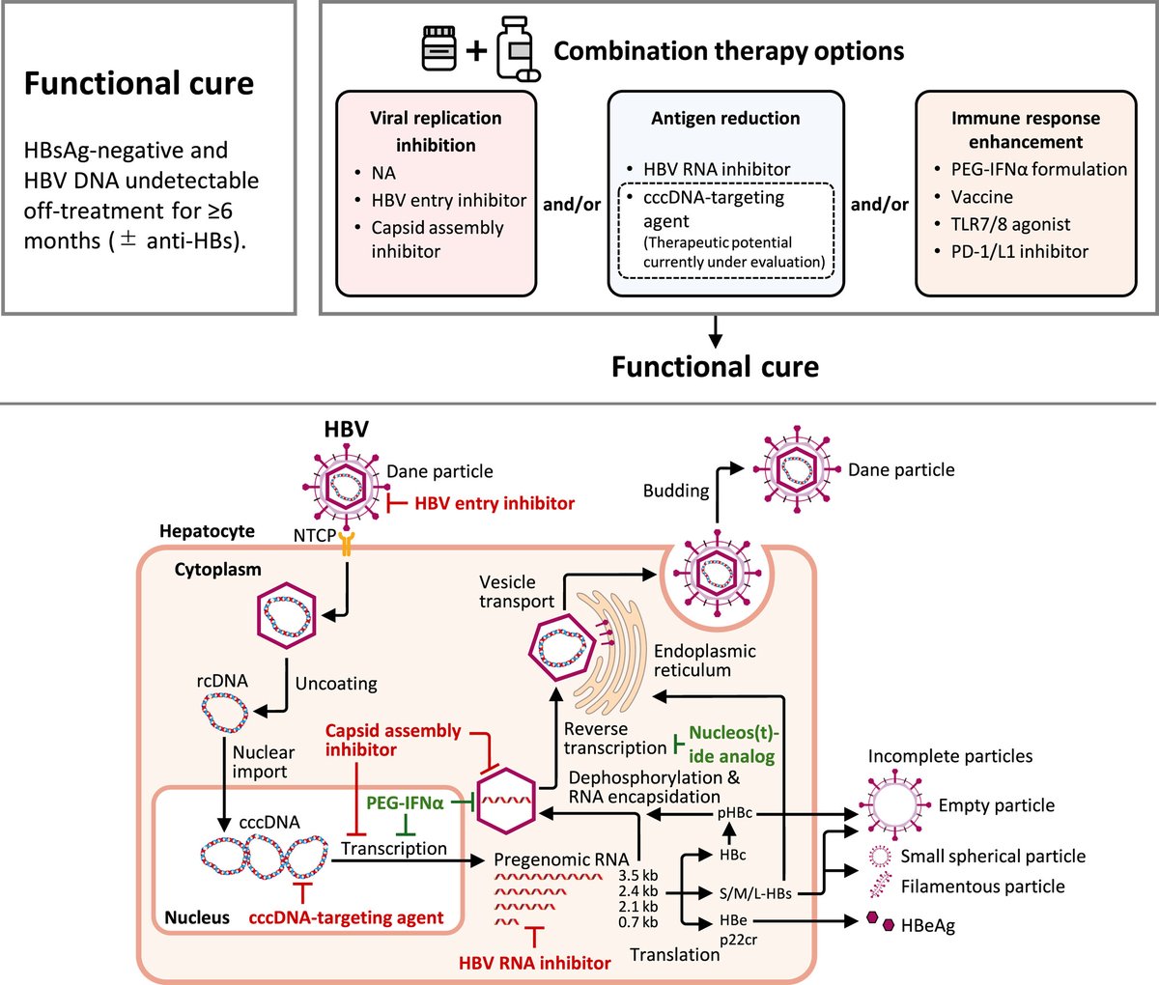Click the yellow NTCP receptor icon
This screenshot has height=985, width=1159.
(347, 543)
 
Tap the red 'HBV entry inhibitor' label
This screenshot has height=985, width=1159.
(495, 503)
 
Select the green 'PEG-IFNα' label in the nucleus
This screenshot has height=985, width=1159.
(405, 803)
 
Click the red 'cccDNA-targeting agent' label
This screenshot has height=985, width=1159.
(346, 917)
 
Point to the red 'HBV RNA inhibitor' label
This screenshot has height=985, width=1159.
(535, 963)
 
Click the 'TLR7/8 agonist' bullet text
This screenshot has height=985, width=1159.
(1010, 224)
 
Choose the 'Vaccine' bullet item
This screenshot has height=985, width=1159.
(982, 197)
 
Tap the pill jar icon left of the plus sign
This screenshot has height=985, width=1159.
(438, 48)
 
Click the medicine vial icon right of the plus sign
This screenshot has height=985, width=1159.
(518, 49)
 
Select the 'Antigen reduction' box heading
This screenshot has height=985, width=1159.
(725, 118)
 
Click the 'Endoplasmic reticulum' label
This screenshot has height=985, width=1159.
(705, 661)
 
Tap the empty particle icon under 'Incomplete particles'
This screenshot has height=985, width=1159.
(893, 805)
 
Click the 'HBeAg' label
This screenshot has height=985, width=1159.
(928, 925)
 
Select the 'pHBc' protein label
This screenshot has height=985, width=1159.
(735, 812)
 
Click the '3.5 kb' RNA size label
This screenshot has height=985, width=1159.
(638, 875)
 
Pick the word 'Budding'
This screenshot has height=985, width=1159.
(676, 491)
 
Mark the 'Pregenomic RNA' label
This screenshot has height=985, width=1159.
(561, 859)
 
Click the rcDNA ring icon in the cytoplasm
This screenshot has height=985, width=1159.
(225, 712)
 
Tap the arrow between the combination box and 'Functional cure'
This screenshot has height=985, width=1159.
(715, 332)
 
